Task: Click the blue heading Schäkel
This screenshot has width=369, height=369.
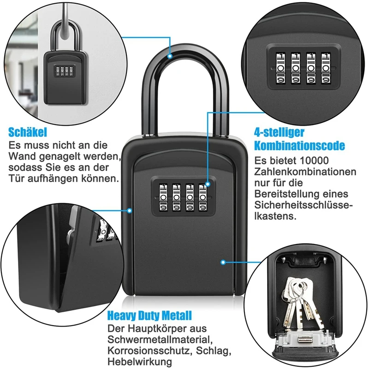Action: [x=28, y=132]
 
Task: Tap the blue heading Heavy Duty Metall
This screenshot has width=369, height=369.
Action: [x=149, y=316]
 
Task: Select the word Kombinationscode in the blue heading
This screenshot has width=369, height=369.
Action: [x=299, y=146]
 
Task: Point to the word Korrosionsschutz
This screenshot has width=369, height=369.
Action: [x=145, y=351]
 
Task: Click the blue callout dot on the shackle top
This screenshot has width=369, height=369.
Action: [x=171, y=57]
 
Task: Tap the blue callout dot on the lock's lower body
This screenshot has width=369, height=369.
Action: [x=223, y=262]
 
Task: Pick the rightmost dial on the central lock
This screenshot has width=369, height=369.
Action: [x=203, y=199]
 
